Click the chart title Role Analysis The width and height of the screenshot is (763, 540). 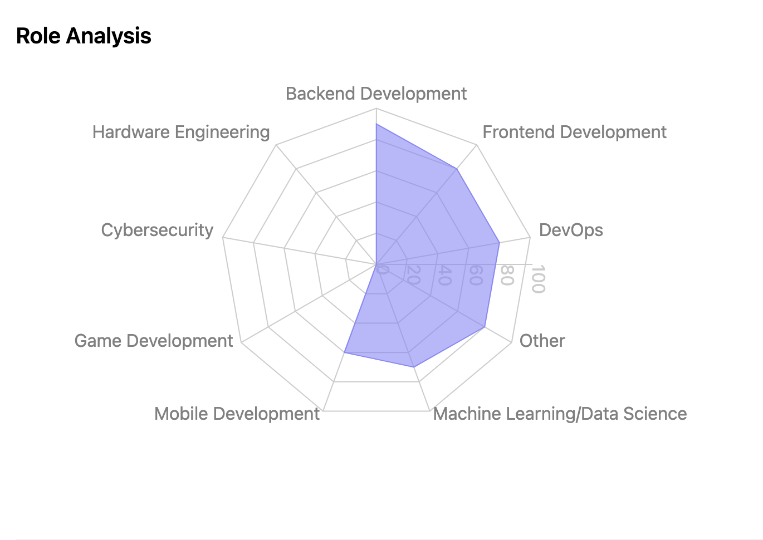(x=84, y=36)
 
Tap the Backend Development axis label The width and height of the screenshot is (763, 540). (x=376, y=94)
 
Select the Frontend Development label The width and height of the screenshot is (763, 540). (x=574, y=132)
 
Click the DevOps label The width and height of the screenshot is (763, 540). (x=571, y=230)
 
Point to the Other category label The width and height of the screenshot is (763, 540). (x=542, y=341)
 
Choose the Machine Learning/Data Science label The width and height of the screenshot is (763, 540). (x=560, y=414)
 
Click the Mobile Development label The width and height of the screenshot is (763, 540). (x=237, y=414)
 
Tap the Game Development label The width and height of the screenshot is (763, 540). (x=154, y=341)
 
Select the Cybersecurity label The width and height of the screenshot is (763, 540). (x=157, y=230)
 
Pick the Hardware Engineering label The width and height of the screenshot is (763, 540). (x=181, y=132)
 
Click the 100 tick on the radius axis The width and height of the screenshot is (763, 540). (x=537, y=279)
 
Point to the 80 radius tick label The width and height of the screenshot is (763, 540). (x=506, y=275)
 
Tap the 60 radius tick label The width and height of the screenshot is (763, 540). (x=475, y=275)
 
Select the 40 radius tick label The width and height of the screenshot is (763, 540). (x=443, y=275)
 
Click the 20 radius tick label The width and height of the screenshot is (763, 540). (x=413, y=275)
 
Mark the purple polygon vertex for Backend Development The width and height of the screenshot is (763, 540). (x=376, y=124)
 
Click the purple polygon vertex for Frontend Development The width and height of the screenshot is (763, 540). (x=457, y=168)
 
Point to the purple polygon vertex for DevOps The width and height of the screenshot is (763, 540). (x=499, y=243)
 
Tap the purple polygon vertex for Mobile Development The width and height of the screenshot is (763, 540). (x=345, y=352)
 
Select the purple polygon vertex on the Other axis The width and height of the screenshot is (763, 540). (x=485, y=327)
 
